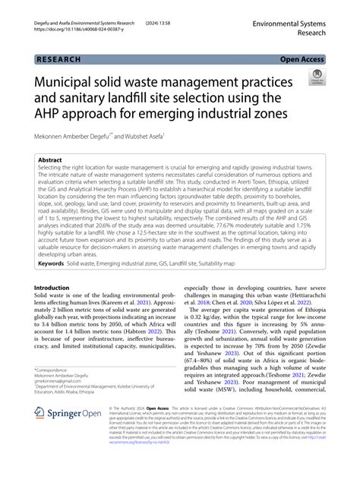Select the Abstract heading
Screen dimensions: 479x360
(x=51, y=161)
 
